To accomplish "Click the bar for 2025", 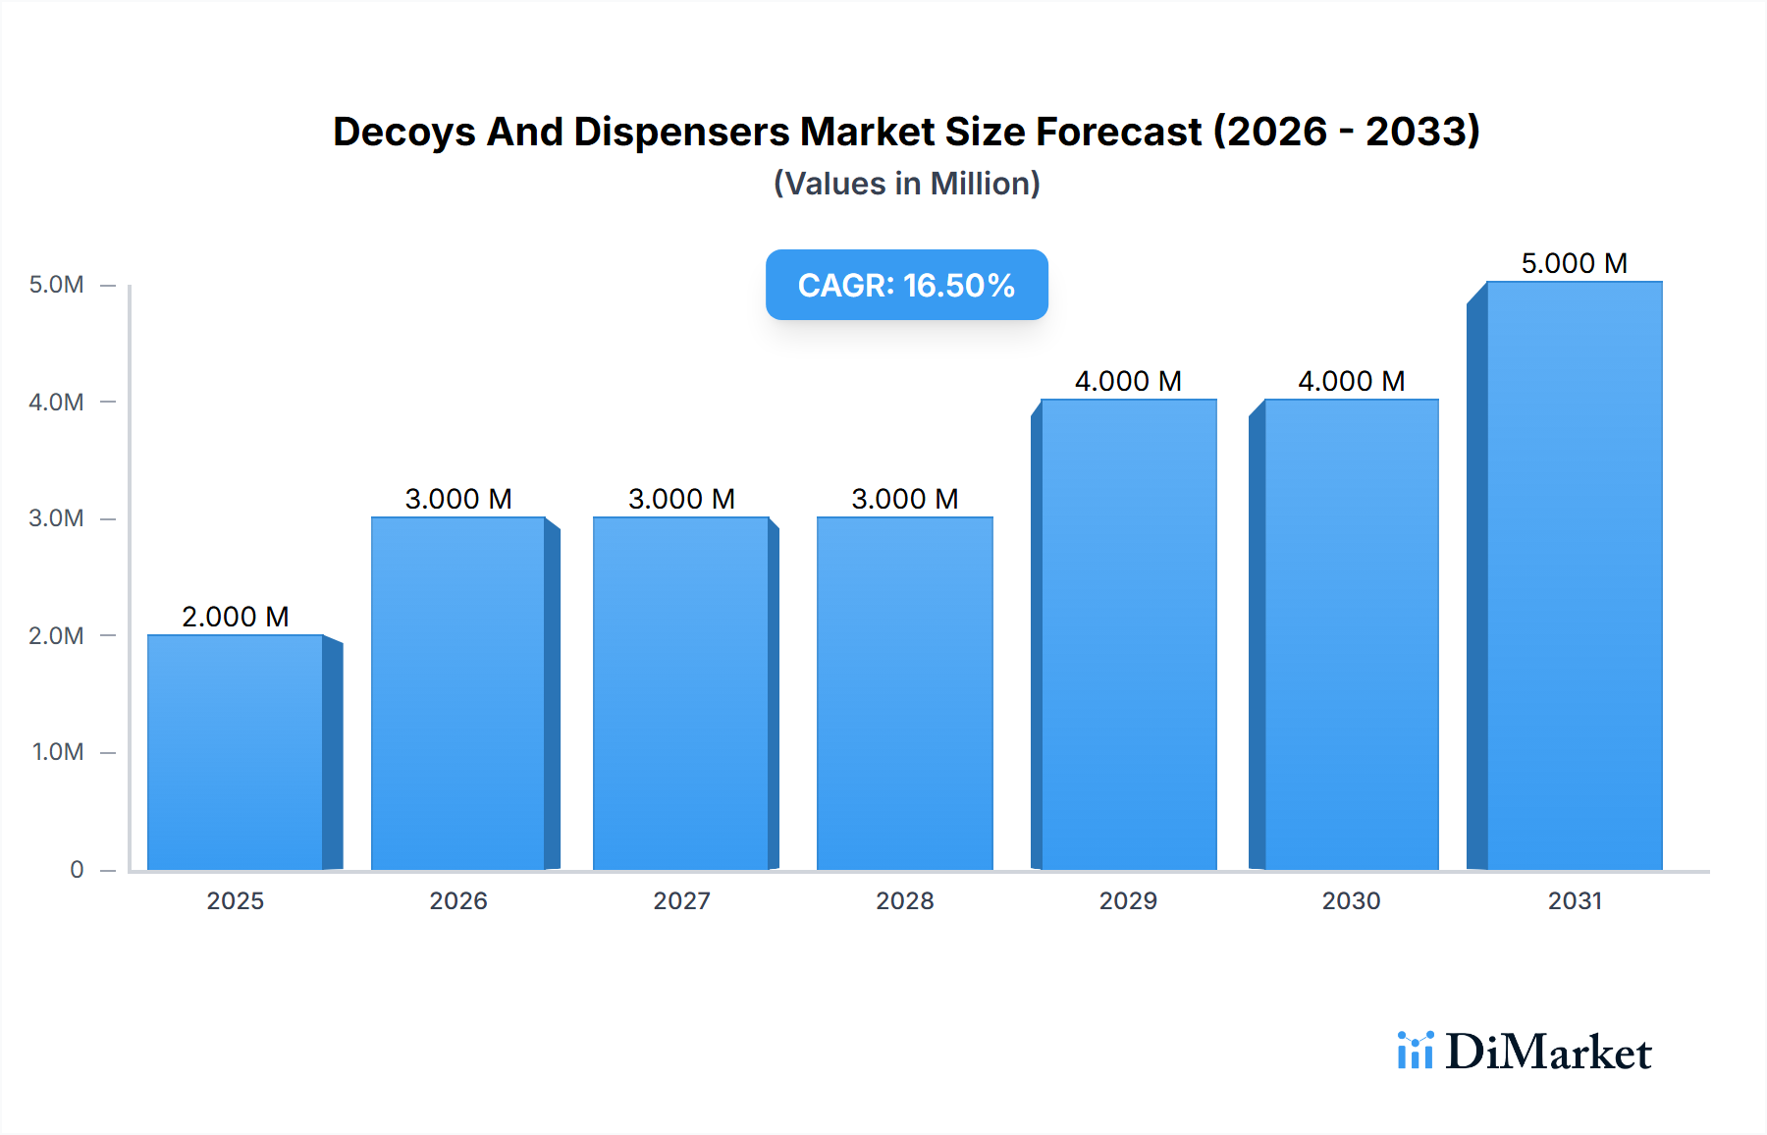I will [236, 752].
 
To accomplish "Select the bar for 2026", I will [458, 693].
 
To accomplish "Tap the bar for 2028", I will [905, 693].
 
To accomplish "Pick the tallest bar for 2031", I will [1575, 575].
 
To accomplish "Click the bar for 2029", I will [1129, 634].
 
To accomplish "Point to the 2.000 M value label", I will [236, 617].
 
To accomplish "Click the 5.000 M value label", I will [1575, 263].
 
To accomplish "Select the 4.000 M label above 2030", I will [1352, 381].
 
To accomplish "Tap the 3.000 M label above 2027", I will [681, 499].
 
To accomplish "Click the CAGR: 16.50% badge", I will [906, 285].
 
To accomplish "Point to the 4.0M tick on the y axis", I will [56, 402].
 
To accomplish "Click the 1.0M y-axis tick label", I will [57, 752].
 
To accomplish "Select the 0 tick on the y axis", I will [77, 869].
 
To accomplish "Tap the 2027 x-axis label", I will [681, 900].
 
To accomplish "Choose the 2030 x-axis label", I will [1352, 900].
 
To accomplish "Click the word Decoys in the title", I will [402, 133].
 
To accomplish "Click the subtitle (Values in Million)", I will [906, 184].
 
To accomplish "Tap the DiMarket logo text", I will [1548, 1053].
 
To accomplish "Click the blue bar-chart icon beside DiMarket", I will [1415, 1051].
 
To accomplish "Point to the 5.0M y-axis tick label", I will [56, 285].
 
